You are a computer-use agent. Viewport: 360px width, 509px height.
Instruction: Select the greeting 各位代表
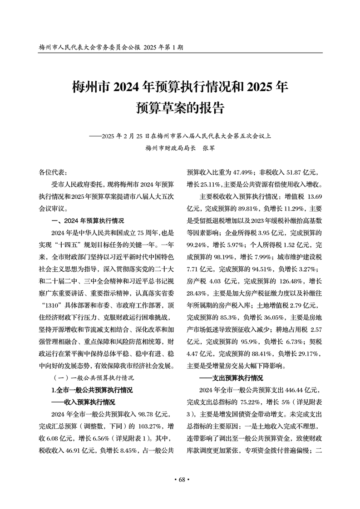[53, 172]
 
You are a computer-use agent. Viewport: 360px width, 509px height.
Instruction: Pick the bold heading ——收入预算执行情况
[83, 402]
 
